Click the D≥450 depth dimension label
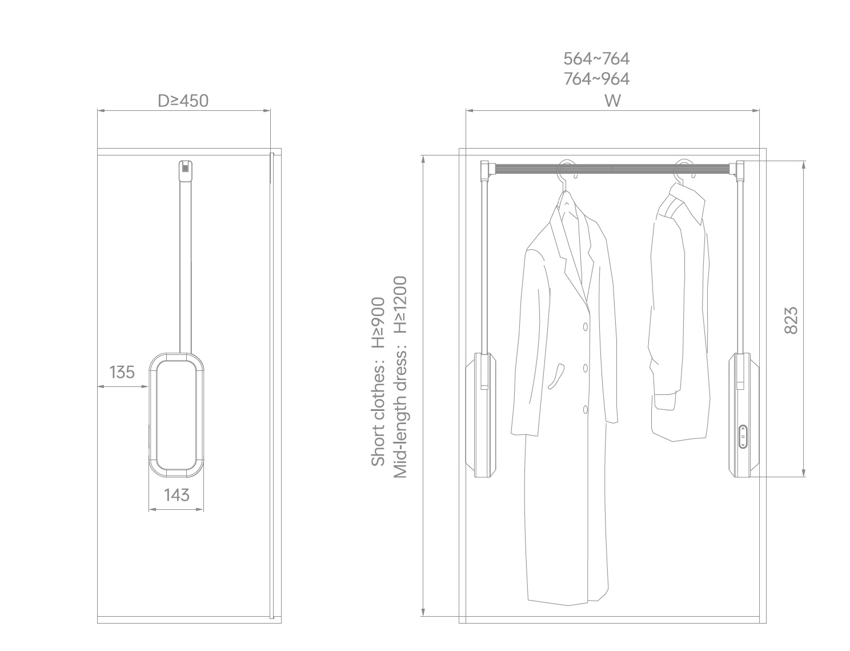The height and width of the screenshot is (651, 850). pyautogui.click(x=183, y=101)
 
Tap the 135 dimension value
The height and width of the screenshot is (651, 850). pyautogui.click(x=122, y=372)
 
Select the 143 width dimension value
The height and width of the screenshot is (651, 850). pyautogui.click(x=177, y=495)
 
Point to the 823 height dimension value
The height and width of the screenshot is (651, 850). pyautogui.click(x=791, y=321)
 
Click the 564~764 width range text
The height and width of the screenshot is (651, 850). pyautogui.click(x=596, y=59)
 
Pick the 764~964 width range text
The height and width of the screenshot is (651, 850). pyautogui.click(x=596, y=79)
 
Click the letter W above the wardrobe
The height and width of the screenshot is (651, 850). pyautogui.click(x=612, y=101)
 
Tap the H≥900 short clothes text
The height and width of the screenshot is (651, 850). pyautogui.click(x=378, y=323)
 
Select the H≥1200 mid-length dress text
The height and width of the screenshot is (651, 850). pyautogui.click(x=400, y=305)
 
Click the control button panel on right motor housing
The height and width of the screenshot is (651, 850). pyautogui.click(x=743, y=437)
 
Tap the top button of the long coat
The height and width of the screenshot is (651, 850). pyautogui.click(x=585, y=327)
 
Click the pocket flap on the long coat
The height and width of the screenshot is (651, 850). pyautogui.click(x=556, y=377)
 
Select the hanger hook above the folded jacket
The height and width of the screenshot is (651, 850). pyautogui.click(x=684, y=171)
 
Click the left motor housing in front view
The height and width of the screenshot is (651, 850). pyautogui.click(x=481, y=415)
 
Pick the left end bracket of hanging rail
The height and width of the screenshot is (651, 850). pyautogui.click(x=486, y=171)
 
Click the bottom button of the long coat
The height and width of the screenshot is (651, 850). pyautogui.click(x=585, y=410)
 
